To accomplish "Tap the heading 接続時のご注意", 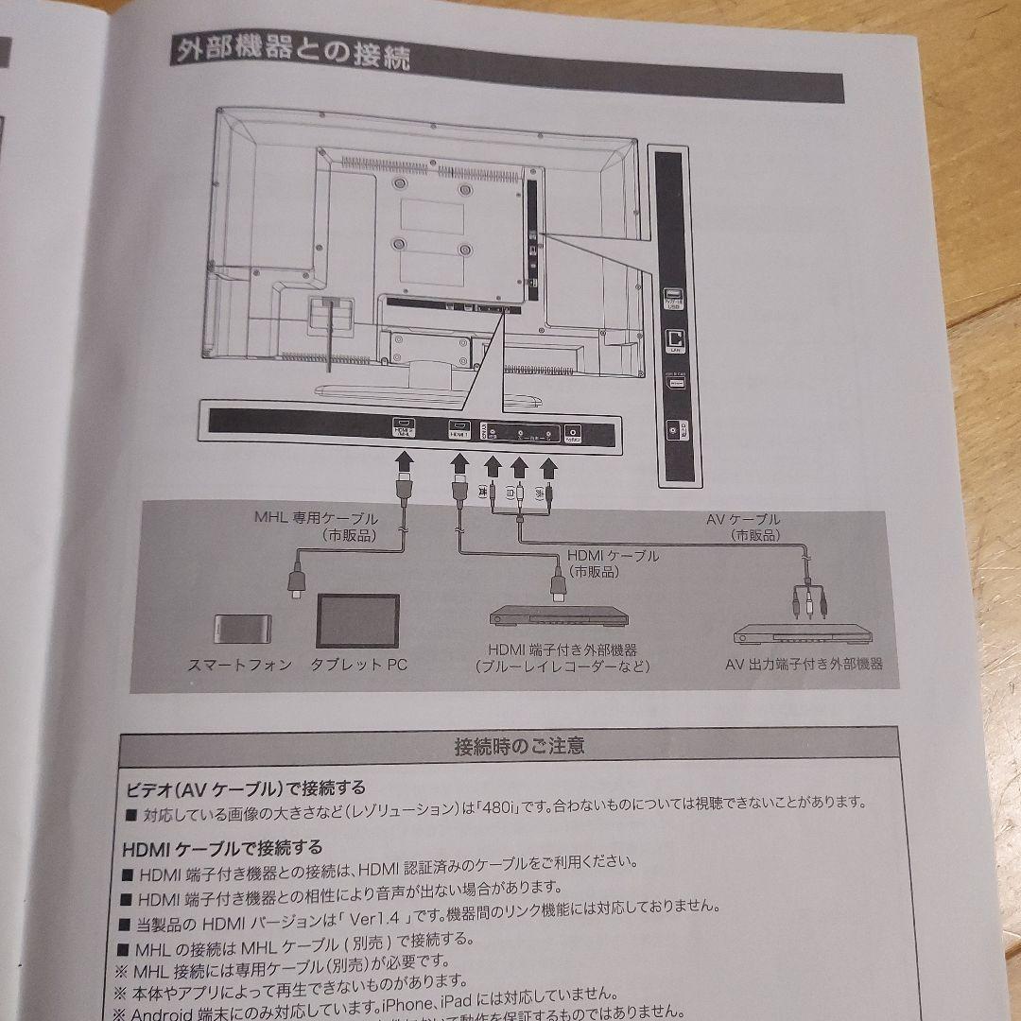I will coord(519,746).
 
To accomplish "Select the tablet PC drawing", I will coord(357,621).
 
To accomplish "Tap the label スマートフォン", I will coord(240,665).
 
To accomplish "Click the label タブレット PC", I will coord(359,665).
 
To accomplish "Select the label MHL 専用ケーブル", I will coord(316,519).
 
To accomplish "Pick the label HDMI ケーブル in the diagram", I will coord(613,556).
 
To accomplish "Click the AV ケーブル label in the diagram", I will coord(743,519).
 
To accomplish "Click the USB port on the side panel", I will coord(673,296).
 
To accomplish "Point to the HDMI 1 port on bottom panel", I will coord(459,430).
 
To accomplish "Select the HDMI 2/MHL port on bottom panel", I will coord(404,430).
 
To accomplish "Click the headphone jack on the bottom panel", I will coord(573,433).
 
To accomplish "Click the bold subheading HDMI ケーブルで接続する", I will coord(222,847).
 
